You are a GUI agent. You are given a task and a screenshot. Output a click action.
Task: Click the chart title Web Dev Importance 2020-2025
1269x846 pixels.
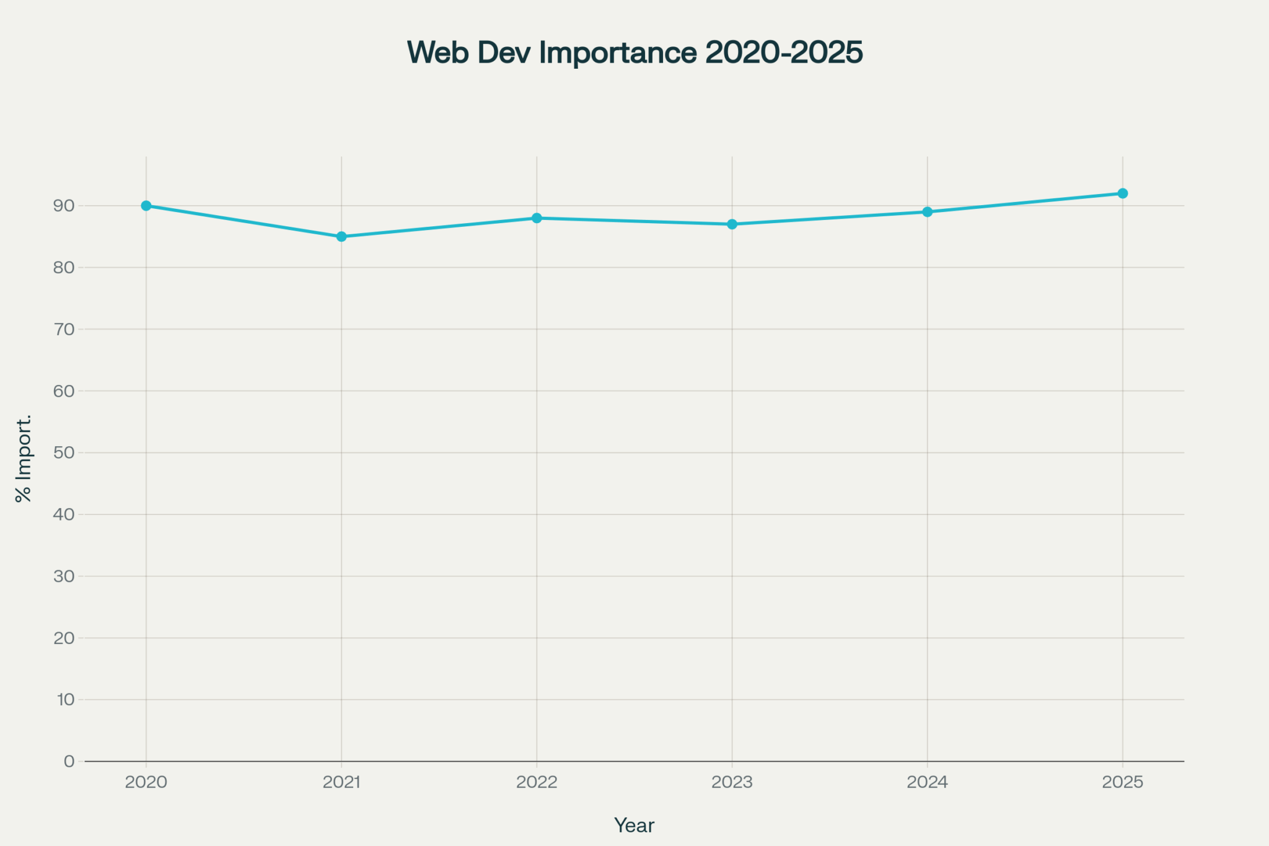coord(634,52)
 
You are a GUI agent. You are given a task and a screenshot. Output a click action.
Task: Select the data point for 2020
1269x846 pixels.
coord(146,206)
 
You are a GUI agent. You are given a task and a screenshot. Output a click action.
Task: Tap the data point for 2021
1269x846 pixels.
coord(341,237)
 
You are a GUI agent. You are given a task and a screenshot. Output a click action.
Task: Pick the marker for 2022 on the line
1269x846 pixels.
coord(537,218)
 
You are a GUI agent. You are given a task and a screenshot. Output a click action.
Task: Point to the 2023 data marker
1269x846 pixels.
coord(732,224)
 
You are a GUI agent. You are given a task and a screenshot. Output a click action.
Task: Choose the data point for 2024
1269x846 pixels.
coord(927,212)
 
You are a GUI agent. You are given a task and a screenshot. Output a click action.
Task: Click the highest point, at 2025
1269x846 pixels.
coord(1122,193)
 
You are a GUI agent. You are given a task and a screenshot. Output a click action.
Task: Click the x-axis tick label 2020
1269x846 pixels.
coord(146,782)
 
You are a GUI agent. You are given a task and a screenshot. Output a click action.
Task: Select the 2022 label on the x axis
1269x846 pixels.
coord(537,782)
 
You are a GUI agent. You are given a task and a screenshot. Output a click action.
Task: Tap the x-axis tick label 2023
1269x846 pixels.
coord(732,782)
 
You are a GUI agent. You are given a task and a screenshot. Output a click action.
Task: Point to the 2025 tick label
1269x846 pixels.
coord(1122,782)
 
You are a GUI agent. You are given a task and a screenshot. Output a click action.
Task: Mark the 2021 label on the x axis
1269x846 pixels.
coord(341,782)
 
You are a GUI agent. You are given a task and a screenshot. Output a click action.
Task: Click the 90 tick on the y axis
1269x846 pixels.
coord(64,206)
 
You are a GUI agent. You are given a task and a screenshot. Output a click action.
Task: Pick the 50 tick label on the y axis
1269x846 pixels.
coord(64,452)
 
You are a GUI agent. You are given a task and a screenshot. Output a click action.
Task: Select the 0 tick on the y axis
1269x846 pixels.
coord(69,761)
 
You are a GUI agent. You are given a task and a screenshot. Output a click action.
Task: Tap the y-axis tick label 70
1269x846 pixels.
coord(64,329)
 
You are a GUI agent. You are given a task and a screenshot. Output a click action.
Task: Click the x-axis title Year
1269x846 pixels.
coord(634,826)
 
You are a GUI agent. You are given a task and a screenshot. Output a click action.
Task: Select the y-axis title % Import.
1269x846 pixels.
coord(24,459)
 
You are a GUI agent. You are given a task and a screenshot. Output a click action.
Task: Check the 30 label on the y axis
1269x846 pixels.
coord(64,576)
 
